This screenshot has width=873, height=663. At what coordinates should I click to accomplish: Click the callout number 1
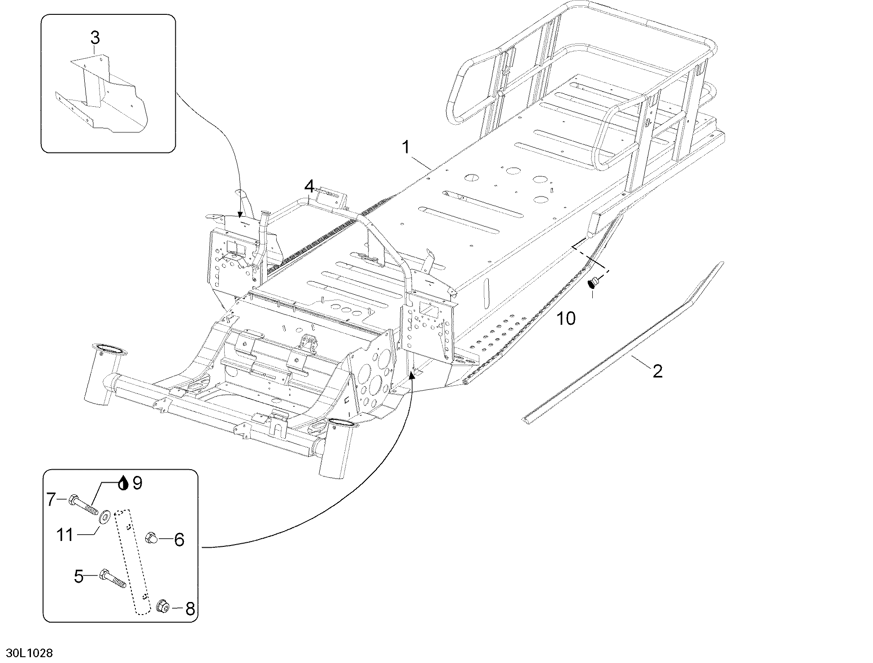(406, 147)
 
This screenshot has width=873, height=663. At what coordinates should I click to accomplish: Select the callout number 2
(657, 371)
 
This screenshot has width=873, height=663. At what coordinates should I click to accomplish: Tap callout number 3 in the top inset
(95, 38)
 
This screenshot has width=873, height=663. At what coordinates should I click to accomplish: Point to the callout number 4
(309, 186)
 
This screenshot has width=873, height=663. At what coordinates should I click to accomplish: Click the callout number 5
(79, 576)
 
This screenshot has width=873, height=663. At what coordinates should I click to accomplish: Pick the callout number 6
(179, 540)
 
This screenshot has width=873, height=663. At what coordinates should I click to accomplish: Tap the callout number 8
(190, 609)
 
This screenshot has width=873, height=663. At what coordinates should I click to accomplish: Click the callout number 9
(137, 483)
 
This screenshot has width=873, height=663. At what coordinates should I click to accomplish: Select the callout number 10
(566, 318)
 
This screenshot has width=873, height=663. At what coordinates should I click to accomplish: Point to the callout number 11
(65, 535)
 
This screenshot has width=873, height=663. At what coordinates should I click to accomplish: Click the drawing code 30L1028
(27, 653)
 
